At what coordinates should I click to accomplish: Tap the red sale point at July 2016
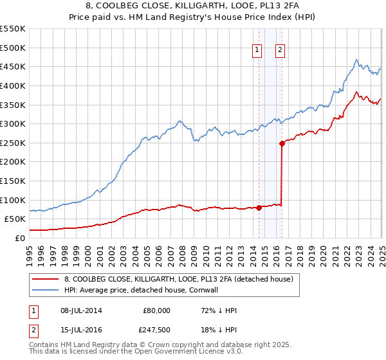point(282,144)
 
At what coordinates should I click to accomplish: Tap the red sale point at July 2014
point(259,207)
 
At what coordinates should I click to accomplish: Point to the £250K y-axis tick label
point(12,143)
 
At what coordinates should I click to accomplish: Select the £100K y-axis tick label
point(12,200)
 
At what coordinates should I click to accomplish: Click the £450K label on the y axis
point(12,66)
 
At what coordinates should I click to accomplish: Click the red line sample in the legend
point(45,279)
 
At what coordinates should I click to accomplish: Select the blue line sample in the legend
point(45,290)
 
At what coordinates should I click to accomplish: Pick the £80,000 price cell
point(156,310)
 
